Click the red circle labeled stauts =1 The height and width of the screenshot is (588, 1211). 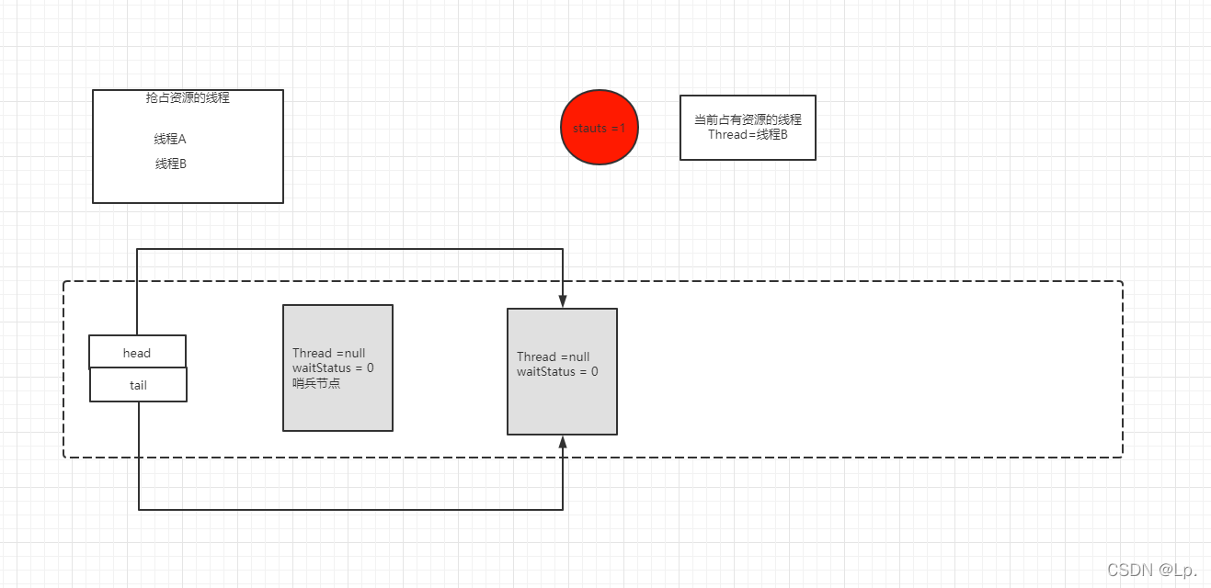click(599, 128)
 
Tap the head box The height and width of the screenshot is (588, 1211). click(137, 352)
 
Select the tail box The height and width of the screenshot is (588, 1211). click(138, 385)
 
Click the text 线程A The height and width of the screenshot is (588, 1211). click(170, 140)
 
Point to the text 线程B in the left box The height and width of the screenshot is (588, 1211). click(171, 164)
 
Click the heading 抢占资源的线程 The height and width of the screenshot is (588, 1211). click(188, 98)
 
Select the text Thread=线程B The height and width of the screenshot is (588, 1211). click(748, 135)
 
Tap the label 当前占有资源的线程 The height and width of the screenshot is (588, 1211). click(748, 119)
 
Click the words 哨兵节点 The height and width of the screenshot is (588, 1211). click(316, 383)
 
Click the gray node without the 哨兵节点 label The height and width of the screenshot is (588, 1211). click(562, 404)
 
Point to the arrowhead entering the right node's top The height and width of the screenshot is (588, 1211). click(563, 301)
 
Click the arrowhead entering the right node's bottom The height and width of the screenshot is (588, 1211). click(563, 442)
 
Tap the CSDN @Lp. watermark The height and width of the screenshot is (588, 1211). click(1151, 571)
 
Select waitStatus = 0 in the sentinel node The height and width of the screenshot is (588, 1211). click(333, 368)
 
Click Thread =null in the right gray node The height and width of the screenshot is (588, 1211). click(553, 356)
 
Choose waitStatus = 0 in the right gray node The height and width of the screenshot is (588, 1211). click(557, 372)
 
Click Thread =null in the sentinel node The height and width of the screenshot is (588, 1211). click(328, 354)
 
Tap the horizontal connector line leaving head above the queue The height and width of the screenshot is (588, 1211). click(349, 249)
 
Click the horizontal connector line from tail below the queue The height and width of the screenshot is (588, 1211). click(349, 508)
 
